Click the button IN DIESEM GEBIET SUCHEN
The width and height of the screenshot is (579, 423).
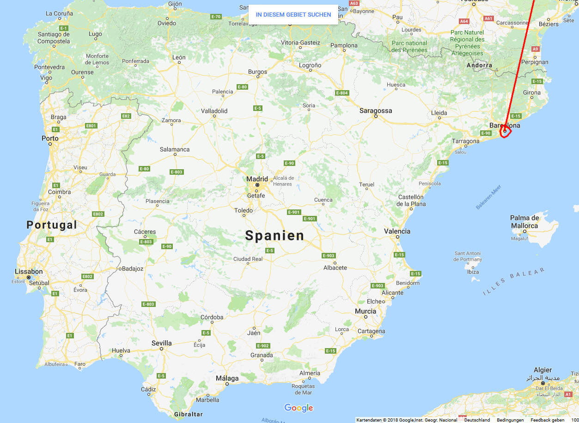(x=293, y=14)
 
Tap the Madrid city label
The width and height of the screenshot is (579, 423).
(x=257, y=179)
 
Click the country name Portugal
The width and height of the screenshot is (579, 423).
(x=52, y=225)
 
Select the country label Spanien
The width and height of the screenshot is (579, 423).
(x=274, y=235)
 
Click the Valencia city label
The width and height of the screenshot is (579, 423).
(x=397, y=231)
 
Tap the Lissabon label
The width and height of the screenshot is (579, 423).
(x=29, y=271)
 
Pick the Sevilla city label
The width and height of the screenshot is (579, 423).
(x=161, y=343)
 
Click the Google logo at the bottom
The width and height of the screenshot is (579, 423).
(x=299, y=408)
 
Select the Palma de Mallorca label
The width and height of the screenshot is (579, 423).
(x=524, y=221)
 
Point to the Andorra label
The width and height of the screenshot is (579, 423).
(x=480, y=65)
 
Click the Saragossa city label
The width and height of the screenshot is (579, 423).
(x=376, y=110)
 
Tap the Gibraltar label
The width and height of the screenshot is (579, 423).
(x=189, y=414)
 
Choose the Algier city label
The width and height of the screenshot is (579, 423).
(x=542, y=370)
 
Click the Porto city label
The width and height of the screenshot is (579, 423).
(x=50, y=138)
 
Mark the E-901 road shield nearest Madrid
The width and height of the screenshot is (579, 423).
(x=294, y=212)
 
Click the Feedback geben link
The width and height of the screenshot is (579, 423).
(x=547, y=420)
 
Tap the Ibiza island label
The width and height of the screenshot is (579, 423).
(x=473, y=272)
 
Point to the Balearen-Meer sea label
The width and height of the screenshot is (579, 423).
(x=488, y=197)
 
